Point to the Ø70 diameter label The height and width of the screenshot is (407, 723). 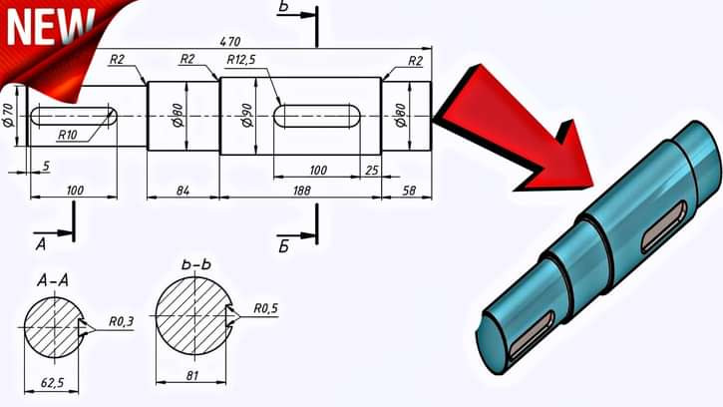point(9,116)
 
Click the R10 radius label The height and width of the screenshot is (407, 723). point(68,134)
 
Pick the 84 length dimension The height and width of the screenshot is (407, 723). point(181,190)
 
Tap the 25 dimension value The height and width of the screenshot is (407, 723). point(371,171)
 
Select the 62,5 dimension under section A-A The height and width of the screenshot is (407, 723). point(52,381)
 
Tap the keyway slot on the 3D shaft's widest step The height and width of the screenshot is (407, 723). point(663,225)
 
